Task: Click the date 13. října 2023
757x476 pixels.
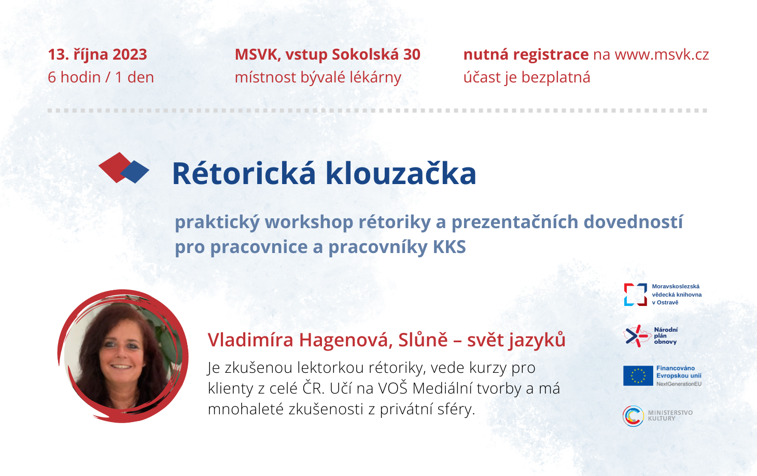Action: coord(97,55)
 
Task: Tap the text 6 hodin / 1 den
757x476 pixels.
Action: coord(101,77)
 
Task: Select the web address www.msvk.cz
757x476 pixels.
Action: coord(662,55)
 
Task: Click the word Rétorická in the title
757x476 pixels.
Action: coord(244,174)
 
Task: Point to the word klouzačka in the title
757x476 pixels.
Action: coord(401,174)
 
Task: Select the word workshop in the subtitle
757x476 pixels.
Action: coord(309,222)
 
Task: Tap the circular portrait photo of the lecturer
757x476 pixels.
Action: coord(123,356)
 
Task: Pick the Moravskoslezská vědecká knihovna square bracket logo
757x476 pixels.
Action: coord(635,295)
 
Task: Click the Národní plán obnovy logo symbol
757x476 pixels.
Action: coord(637,335)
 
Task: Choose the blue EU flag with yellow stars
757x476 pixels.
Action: coord(638,375)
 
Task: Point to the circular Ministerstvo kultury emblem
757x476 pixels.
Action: coord(633,416)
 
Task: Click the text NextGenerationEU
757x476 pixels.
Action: coord(679,384)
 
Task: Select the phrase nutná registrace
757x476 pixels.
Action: coord(526,55)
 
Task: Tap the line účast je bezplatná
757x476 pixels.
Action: coord(526,77)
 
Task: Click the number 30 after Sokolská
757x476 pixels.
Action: coord(412,55)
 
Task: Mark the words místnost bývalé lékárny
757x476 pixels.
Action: coord(318,77)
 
